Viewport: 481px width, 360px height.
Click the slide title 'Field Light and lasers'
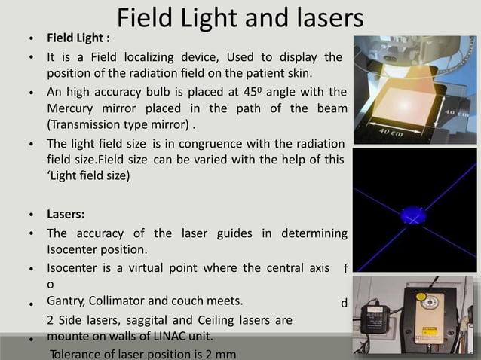click(240, 18)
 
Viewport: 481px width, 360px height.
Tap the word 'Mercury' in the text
click(70, 108)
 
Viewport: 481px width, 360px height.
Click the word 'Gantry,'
click(69, 301)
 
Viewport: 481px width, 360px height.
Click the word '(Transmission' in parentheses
click(84, 124)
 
